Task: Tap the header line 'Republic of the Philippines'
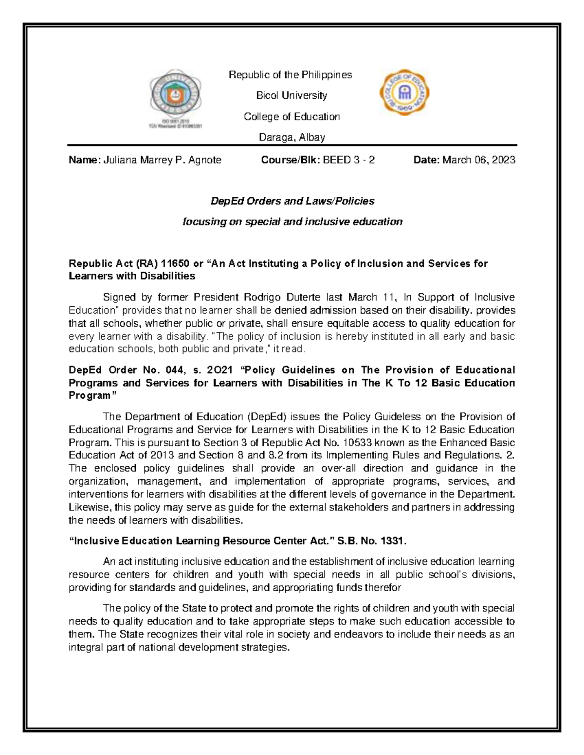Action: [291, 75]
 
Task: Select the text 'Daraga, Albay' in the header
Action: [292, 138]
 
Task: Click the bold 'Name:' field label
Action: [84, 160]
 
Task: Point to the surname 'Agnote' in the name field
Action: [205, 160]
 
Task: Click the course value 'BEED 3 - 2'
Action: [346, 160]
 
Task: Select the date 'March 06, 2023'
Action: [478, 160]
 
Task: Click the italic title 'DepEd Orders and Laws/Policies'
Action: [292, 201]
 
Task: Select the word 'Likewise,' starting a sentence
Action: [91, 507]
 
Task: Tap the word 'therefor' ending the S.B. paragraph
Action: [383, 587]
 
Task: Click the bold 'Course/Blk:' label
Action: [288, 160]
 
